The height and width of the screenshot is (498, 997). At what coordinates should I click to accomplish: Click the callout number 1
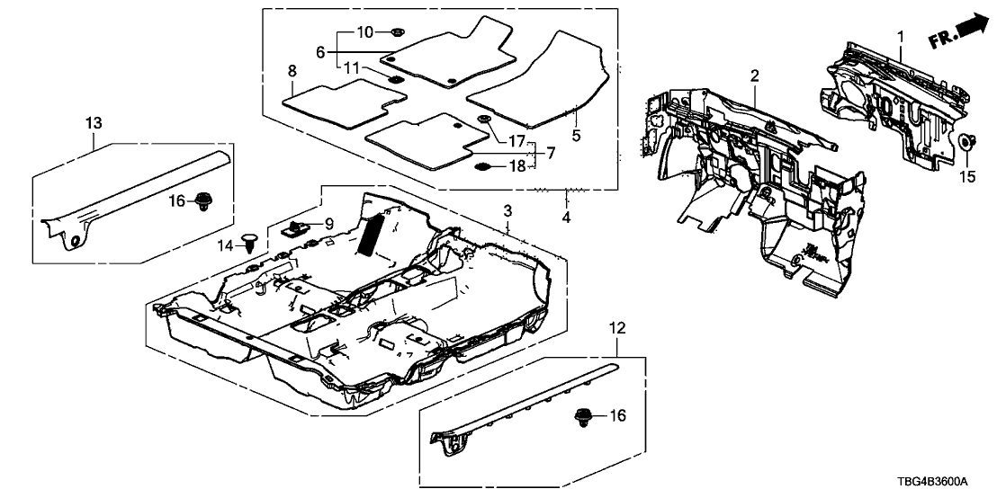click(x=899, y=36)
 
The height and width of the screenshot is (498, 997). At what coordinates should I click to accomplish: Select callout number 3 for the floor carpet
click(x=507, y=210)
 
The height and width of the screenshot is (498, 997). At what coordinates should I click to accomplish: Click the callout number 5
click(x=576, y=136)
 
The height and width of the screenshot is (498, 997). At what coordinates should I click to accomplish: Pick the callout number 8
click(x=292, y=70)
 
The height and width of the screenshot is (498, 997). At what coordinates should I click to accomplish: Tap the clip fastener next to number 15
click(x=966, y=142)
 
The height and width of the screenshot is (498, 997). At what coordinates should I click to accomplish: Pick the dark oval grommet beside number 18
click(x=483, y=166)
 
